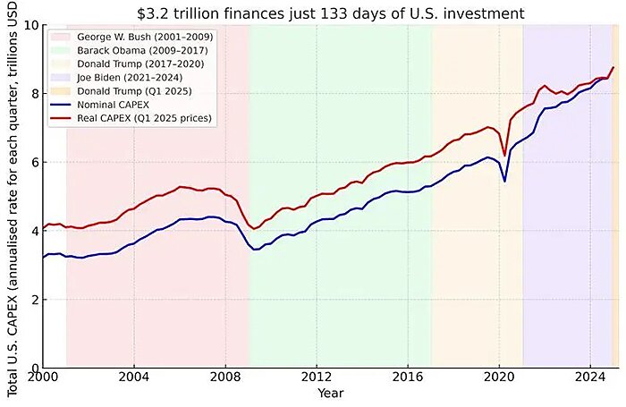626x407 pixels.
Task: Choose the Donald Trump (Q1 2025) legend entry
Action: click(126, 91)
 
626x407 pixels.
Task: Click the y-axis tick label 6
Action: click(34, 162)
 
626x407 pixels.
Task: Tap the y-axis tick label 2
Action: click(34, 300)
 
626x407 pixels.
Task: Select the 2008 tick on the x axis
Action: click(225, 379)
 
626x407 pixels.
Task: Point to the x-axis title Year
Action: click(330, 394)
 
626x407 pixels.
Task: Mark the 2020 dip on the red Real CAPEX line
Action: click(504, 155)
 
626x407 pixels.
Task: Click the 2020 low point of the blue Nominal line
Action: click(504, 181)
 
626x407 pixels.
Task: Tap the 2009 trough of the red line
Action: click(255, 229)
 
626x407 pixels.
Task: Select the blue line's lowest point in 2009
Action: click(256, 250)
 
